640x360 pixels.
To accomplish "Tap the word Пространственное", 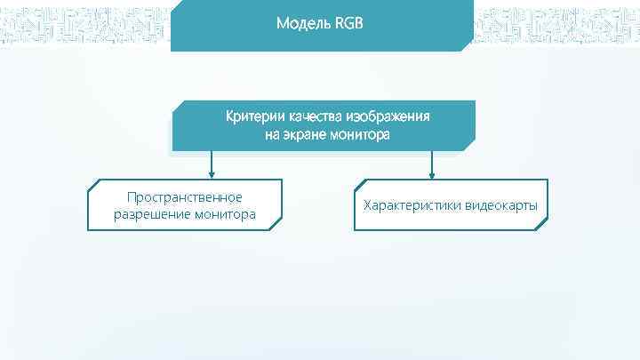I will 185,196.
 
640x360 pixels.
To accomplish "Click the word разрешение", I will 149,214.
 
